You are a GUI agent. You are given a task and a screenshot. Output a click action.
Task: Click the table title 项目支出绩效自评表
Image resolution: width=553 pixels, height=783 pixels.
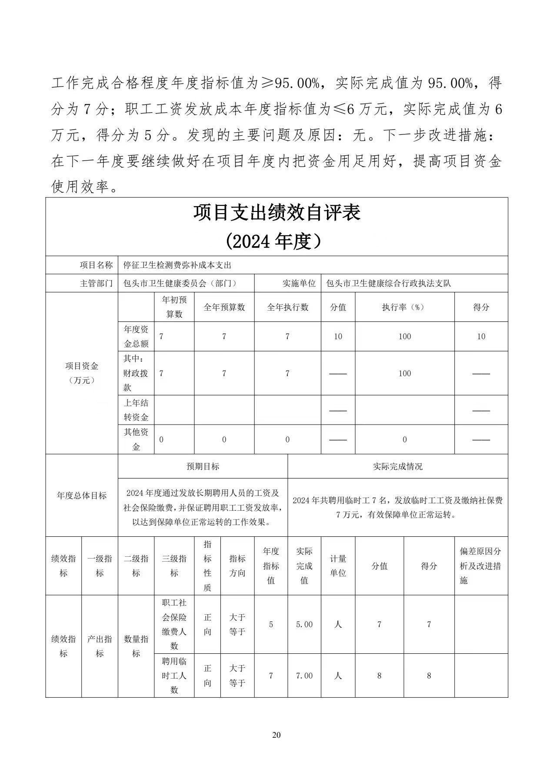[x=276, y=213]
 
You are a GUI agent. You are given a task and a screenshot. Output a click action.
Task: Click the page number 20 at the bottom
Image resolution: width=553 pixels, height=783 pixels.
[x=276, y=735]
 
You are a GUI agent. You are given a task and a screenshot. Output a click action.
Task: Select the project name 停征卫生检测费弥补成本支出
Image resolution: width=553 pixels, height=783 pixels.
[x=177, y=265]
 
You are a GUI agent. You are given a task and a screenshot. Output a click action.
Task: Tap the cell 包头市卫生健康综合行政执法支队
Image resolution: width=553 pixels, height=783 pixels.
[x=388, y=283]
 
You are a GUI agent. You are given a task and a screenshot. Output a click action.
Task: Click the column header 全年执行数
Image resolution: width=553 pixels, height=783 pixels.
[x=287, y=307]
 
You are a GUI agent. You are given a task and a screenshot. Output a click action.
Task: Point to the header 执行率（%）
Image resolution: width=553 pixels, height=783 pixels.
[x=404, y=307]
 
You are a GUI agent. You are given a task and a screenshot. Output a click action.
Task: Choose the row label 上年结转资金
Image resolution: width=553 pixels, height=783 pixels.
[x=136, y=410]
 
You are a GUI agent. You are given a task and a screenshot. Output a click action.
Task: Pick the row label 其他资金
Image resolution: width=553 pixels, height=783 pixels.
[x=136, y=439]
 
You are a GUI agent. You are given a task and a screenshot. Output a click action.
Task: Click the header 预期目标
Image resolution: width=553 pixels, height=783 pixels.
[x=203, y=466]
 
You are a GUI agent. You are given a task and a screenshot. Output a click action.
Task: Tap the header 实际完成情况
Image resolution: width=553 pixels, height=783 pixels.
[x=397, y=466]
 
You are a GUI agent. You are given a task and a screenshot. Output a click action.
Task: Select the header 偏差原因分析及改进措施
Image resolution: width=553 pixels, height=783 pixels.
[x=480, y=565]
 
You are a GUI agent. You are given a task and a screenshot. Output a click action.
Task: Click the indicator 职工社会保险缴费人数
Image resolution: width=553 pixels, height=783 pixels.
[x=174, y=624]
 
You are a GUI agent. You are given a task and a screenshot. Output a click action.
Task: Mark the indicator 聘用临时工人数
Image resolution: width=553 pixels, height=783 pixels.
[x=174, y=675]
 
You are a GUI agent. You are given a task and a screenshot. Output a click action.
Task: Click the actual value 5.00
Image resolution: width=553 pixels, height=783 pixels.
[x=304, y=624]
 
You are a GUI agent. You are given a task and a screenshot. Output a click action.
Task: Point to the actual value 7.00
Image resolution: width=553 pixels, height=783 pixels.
[x=304, y=676]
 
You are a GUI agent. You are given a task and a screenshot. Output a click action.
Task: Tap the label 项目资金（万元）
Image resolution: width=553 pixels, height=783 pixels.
[x=82, y=373]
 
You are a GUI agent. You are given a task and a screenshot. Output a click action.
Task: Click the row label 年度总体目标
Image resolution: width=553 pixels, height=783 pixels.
[x=82, y=495]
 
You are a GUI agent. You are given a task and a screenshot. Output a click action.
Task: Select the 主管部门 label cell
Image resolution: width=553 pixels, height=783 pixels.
[x=96, y=283]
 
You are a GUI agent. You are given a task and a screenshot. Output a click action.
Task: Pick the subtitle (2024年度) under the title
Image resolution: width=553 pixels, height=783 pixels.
[x=276, y=241]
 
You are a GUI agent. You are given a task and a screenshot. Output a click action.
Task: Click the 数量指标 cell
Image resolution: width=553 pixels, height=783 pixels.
[x=136, y=646]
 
